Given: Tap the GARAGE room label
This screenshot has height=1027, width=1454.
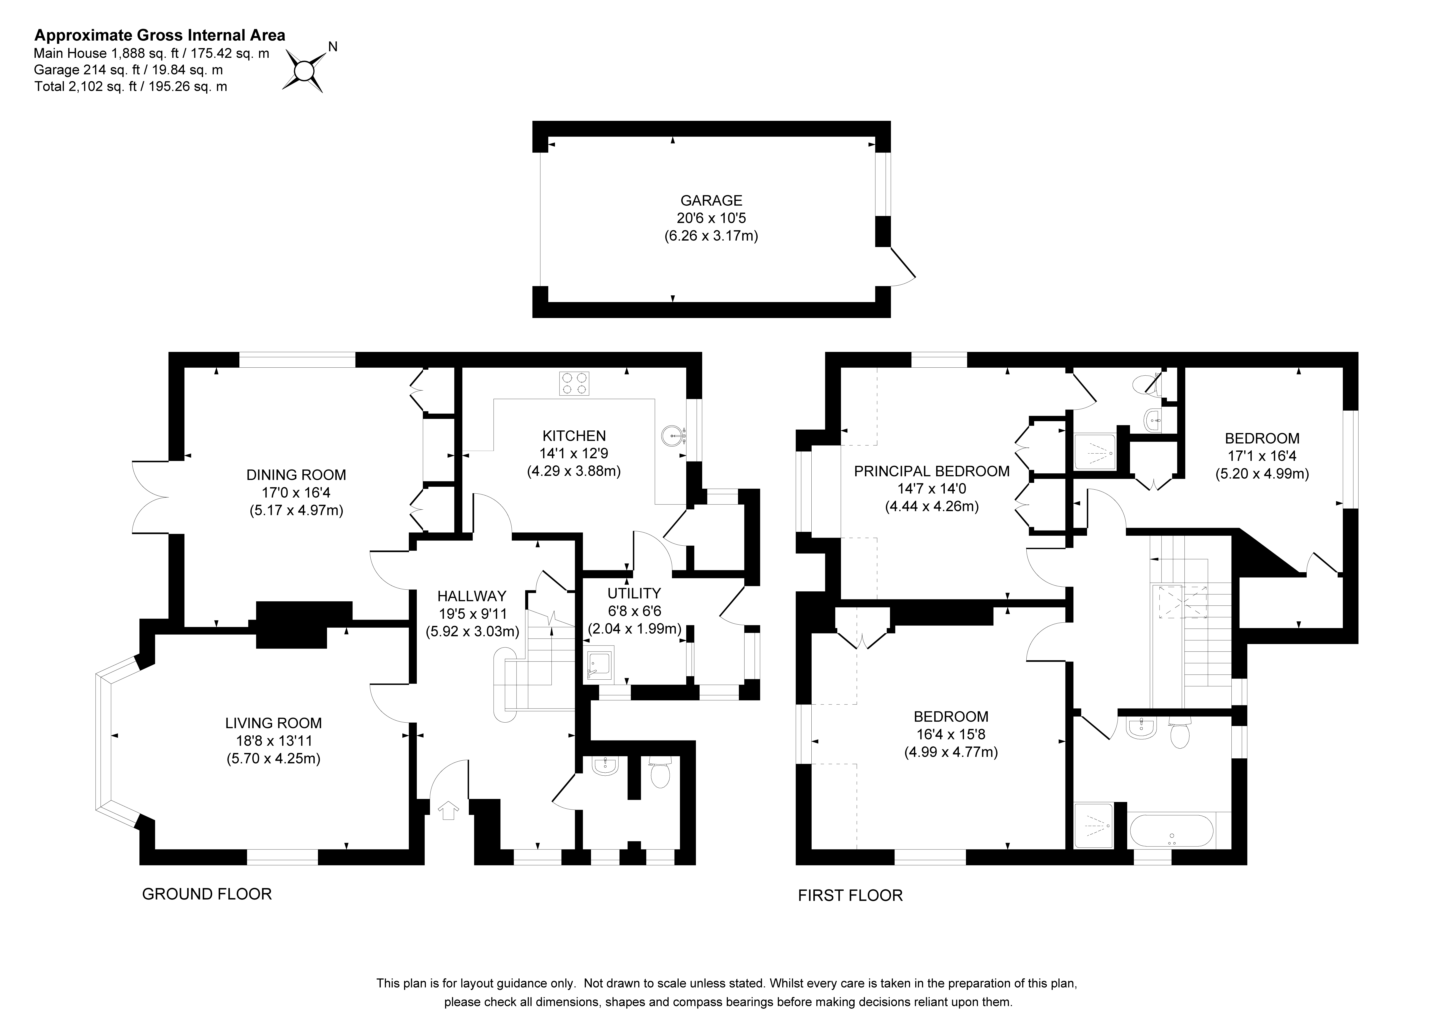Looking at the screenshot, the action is tap(711, 201).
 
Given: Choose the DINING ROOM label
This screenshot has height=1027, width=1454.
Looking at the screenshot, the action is tap(296, 475).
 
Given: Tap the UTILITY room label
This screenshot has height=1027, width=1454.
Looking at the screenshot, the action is tap(634, 593).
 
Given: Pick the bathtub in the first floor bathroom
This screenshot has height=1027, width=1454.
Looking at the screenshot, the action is tap(1172, 831).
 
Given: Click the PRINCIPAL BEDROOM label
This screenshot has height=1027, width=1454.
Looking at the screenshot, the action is tap(932, 471).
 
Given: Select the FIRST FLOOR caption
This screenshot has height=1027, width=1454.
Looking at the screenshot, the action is tap(850, 895).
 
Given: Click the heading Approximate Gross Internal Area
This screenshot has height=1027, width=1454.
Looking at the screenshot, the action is tap(160, 35).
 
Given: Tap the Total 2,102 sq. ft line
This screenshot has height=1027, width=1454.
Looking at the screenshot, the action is tap(130, 87).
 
